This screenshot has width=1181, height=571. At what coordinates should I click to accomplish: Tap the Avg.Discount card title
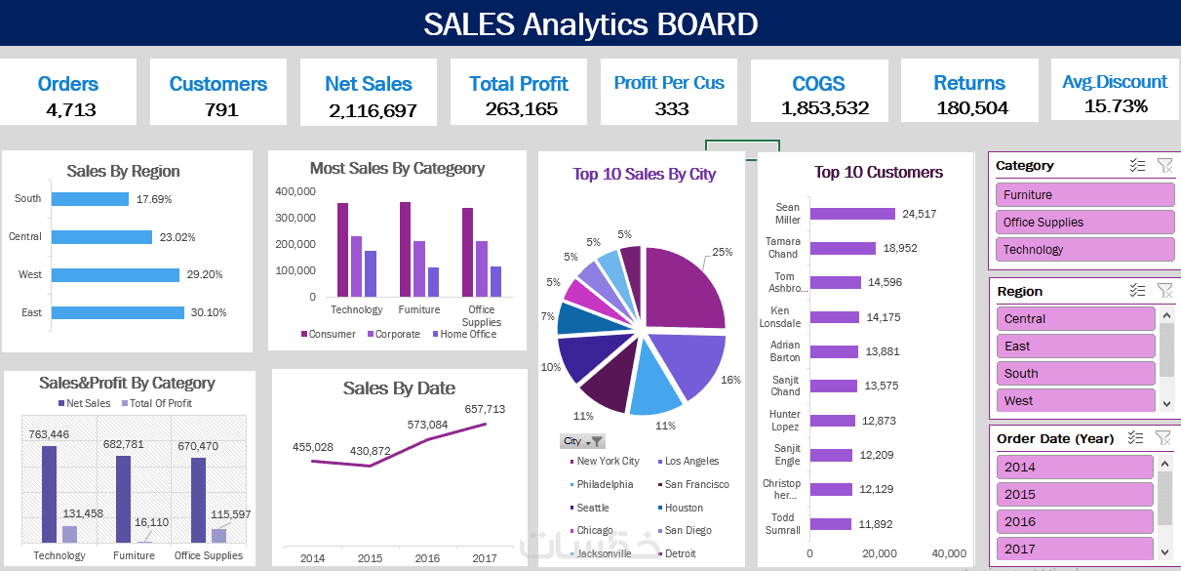[1115, 82]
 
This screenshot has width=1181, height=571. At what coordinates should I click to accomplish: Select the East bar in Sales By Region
[117, 312]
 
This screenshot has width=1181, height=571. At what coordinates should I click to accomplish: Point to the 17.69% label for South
[154, 199]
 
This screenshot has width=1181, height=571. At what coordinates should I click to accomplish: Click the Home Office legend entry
[468, 334]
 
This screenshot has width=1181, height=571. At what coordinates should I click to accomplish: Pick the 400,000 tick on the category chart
[295, 191]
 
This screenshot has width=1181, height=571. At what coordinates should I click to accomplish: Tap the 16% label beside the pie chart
[730, 380]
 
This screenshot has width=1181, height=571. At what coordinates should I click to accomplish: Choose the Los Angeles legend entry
[691, 461]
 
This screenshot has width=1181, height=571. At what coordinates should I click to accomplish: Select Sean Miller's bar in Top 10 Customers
[851, 214]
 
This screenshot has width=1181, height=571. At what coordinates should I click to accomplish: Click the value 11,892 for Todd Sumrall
[876, 524]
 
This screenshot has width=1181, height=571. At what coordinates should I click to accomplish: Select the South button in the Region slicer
[1076, 373]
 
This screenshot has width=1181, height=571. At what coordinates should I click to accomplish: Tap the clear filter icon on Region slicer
[1163, 291]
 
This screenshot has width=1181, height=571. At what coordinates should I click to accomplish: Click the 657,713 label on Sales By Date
[485, 409]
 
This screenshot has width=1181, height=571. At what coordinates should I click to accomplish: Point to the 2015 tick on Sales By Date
[370, 558]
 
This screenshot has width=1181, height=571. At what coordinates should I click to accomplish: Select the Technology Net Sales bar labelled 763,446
[49, 494]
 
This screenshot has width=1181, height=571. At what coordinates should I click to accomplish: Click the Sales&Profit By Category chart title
[127, 384]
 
